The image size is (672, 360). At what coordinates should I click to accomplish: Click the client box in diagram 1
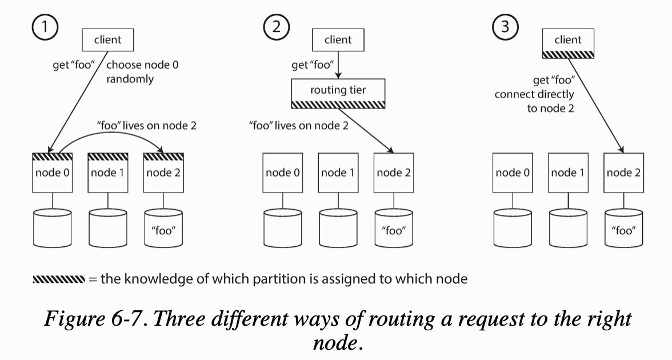click(x=107, y=40)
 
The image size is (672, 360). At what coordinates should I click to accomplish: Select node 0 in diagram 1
click(x=53, y=173)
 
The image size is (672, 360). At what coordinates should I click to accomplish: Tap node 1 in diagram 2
click(x=338, y=173)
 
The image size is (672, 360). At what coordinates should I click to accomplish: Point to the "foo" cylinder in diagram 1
click(x=164, y=227)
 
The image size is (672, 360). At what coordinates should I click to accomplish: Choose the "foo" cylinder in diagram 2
click(x=394, y=227)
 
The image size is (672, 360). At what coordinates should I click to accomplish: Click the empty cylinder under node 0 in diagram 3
click(x=512, y=227)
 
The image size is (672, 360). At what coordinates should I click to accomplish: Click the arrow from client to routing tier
click(x=338, y=65)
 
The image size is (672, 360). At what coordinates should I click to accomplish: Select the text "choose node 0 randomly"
click(x=142, y=72)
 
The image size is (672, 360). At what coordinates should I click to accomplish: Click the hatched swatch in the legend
click(x=58, y=279)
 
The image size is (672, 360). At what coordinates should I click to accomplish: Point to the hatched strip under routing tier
click(x=338, y=105)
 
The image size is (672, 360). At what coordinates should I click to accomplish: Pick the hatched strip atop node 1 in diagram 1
click(x=109, y=156)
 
